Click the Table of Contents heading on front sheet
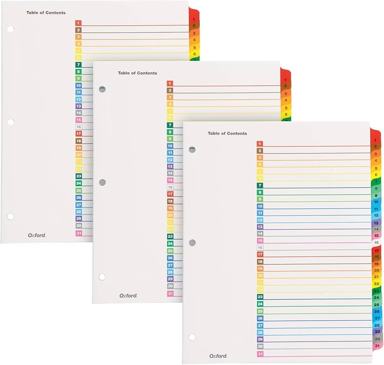click(x=227, y=133)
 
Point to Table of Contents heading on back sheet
click(x=46, y=13)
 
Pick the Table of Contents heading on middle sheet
click(x=137, y=73)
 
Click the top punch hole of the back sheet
click(x=10, y=29)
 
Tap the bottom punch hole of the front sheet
click(x=192, y=337)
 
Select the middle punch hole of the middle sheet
click(x=102, y=183)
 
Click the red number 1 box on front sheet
click(x=260, y=144)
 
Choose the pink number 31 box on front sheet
click(x=260, y=354)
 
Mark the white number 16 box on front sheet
click(x=260, y=247)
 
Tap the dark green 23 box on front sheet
click(x=260, y=297)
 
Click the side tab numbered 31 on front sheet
click(x=377, y=346)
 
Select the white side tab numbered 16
click(x=376, y=242)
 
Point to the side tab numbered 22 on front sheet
click(x=376, y=284)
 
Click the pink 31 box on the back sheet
click(x=79, y=233)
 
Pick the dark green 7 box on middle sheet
click(x=170, y=125)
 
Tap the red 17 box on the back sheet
click(x=79, y=134)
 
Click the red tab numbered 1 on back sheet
click(x=194, y=20)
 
